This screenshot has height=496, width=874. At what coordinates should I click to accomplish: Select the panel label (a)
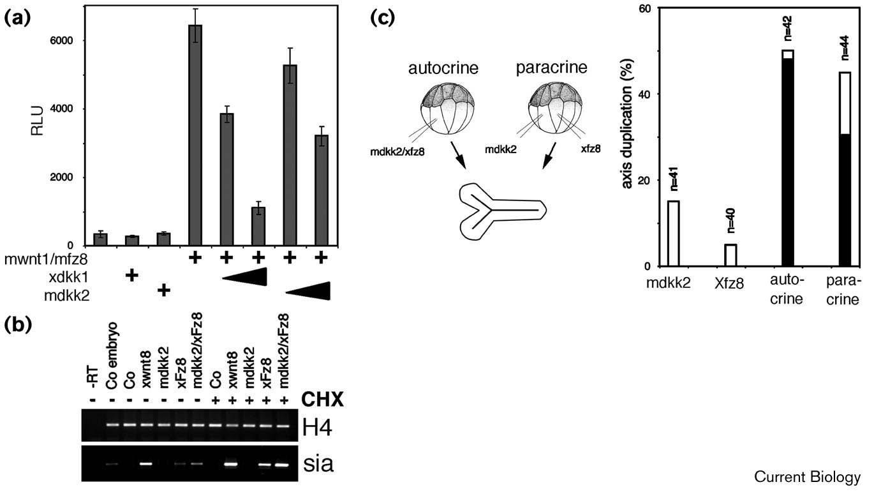pos(19,19)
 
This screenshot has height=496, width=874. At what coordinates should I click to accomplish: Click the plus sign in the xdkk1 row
pos(132,276)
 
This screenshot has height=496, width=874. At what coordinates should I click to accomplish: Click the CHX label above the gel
pos(324,401)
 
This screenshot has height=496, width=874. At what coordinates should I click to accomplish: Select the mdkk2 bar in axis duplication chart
pos(673,233)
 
